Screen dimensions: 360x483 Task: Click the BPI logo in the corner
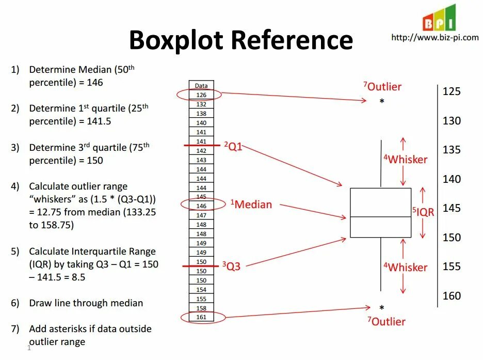439,18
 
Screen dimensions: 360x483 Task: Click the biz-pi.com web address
434,37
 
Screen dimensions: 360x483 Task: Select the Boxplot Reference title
240,40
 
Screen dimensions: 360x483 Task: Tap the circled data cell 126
201,95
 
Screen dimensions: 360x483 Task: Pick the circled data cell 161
201,317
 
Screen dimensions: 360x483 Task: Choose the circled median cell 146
201,206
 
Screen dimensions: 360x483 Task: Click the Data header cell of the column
201,86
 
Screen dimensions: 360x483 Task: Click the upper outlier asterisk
382,102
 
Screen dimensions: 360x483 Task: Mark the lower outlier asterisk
381,308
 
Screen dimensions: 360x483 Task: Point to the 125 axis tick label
452,91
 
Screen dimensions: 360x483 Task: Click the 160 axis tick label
452,296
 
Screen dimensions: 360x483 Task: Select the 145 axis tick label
452,208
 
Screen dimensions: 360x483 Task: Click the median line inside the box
380,217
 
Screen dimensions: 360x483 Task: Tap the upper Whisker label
405,160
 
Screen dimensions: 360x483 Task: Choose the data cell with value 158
201,308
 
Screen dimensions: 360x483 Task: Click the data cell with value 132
201,104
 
